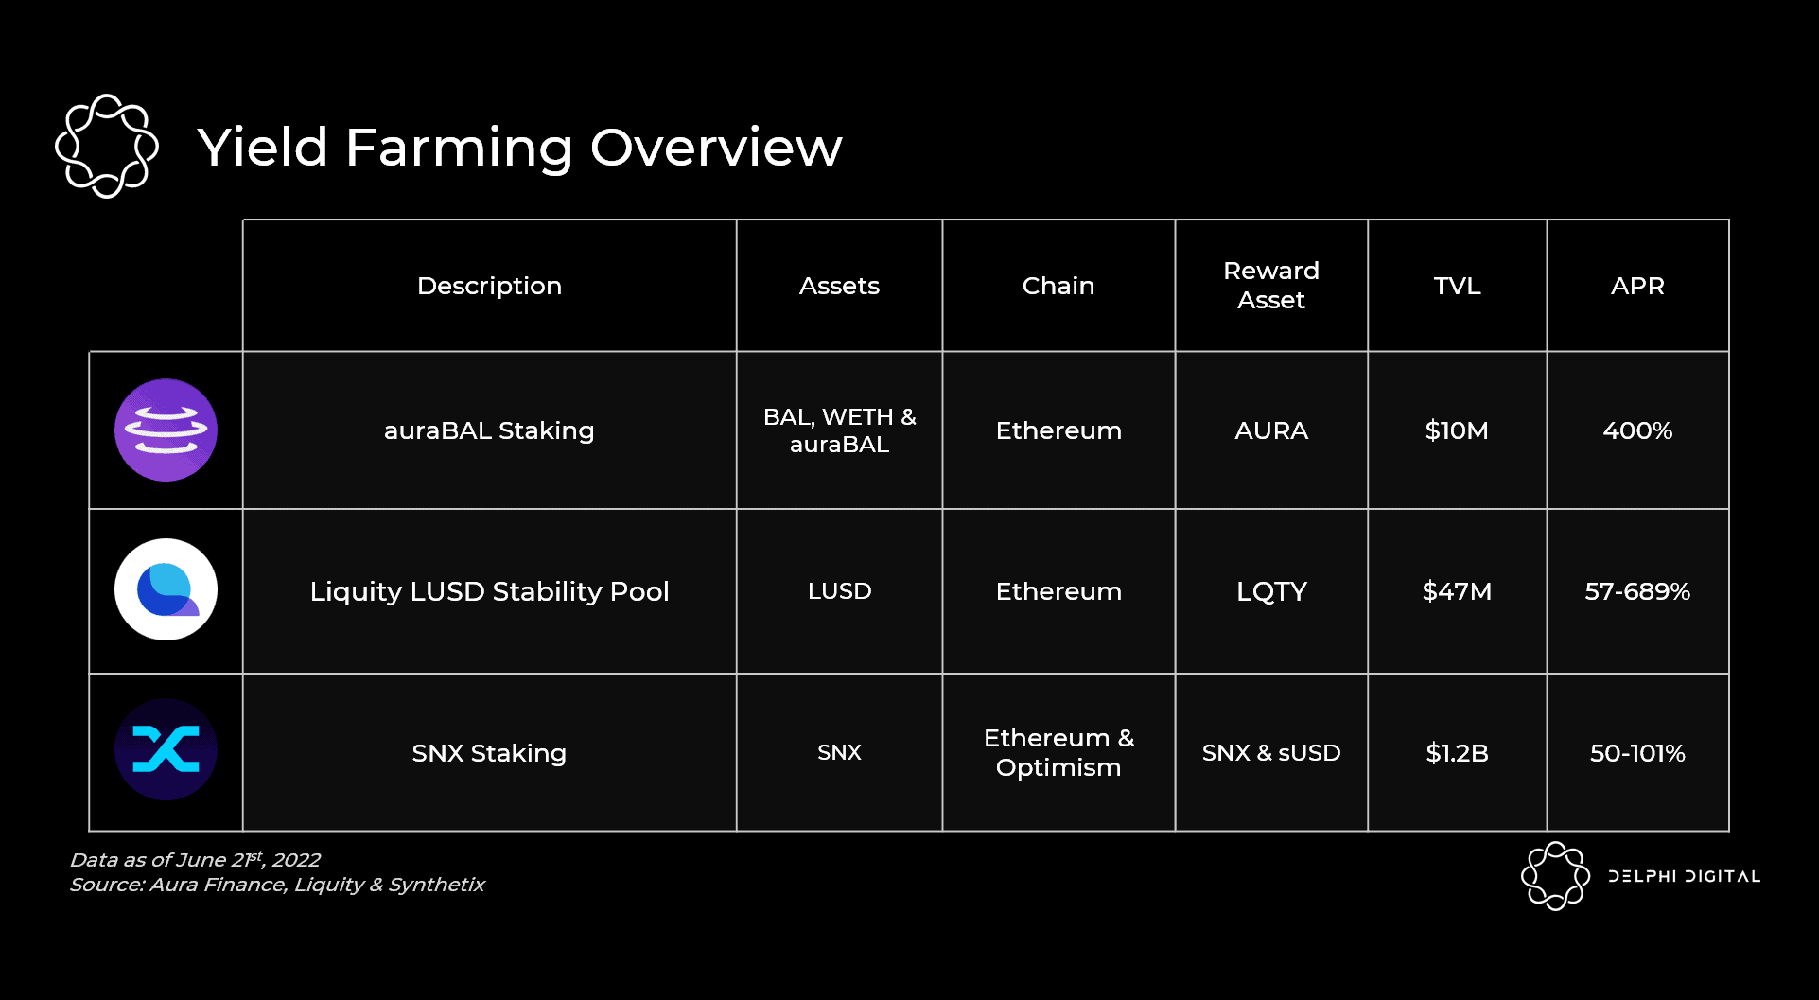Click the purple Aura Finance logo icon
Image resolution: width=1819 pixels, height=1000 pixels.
tap(166, 430)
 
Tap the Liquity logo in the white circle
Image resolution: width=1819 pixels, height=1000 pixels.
tap(166, 590)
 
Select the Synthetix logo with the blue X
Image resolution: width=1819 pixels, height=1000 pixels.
tap(166, 750)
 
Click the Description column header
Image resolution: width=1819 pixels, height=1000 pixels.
tap(489, 286)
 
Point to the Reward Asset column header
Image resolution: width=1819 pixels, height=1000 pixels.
tap(1270, 286)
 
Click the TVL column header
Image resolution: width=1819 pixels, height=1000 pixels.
tap(1457, 286)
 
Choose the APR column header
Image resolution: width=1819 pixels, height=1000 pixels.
tap(1637, 286)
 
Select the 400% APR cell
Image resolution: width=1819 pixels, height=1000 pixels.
tap(1637, 430)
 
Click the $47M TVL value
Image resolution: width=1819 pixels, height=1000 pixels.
tap(1457, 591)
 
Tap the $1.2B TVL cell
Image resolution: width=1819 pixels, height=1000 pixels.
tap(1457, 753)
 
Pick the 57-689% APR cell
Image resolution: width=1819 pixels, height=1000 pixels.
tap(1637, 591)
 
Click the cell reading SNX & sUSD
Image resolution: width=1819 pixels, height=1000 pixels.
tap(1270, 753)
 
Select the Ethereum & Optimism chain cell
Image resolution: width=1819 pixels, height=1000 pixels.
tap(1058, 752)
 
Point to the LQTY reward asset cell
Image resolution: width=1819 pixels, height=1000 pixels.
tap(1270, 591)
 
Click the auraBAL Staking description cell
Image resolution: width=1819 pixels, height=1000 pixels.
tap(489, 430)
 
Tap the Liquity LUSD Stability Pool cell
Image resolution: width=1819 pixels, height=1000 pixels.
tap(489, 591)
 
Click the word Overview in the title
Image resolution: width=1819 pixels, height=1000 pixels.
tap(716, 148)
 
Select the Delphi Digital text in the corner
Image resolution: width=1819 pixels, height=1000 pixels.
tap(1684, 876)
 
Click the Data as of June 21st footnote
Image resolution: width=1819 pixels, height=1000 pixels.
tap(195, 860)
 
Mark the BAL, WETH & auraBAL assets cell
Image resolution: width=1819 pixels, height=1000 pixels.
tap(839, 430)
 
